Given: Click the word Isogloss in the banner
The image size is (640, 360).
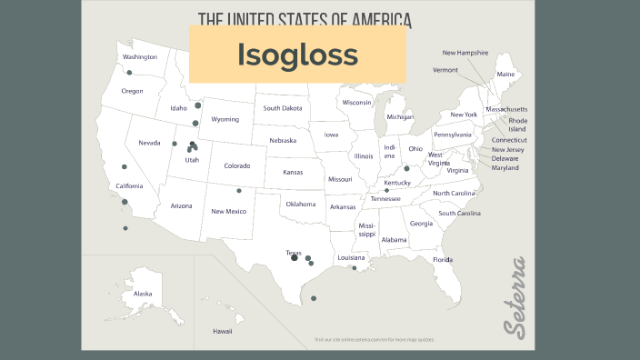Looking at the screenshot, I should pyautogui.click(x=297, y=55).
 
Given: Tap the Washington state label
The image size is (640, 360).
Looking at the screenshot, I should pyautogui.click(x=140, y=57).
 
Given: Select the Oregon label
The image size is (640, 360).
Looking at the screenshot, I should pyautogui.click(x=133, y=91).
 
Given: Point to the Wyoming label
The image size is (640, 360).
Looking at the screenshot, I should pyautogui.click(x=225, y=119).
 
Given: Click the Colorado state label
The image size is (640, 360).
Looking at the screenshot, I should pyautogui.click(x=237, y=165).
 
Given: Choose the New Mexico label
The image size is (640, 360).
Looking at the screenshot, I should pyautogui.click(x=229, y=211).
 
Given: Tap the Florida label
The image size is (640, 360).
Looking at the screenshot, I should pyautogui.click(x=443, y=260).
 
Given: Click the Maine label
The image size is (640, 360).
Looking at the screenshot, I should pyautogui.click(x=505, y=74).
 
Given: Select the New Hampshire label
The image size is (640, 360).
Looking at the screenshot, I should pyautogui.click(x=465, y=53).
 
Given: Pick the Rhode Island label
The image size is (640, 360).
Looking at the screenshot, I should pyautogui.click(x=517, y=125).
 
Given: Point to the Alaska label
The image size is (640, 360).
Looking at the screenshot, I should pyautogui.click(x=144, y=294).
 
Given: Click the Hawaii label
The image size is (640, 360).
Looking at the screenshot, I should pyautogui.click(x=223, y=331).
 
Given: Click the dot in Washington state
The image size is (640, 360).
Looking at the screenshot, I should pyautogui.click(x=129, y=73).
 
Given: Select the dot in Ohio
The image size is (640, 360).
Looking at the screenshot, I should pyautogui.click(x=406, y=168).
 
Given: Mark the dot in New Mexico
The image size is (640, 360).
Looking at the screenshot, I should pyautogui.click(x=239, y=191).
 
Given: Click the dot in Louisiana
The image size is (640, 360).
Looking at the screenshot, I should pyautogui.click(x=355, y=267).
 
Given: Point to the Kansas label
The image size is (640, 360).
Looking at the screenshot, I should pyautogui.click(x=293, y=172).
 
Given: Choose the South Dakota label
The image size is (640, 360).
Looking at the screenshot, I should pyautogui.click(x=283, y=108).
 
